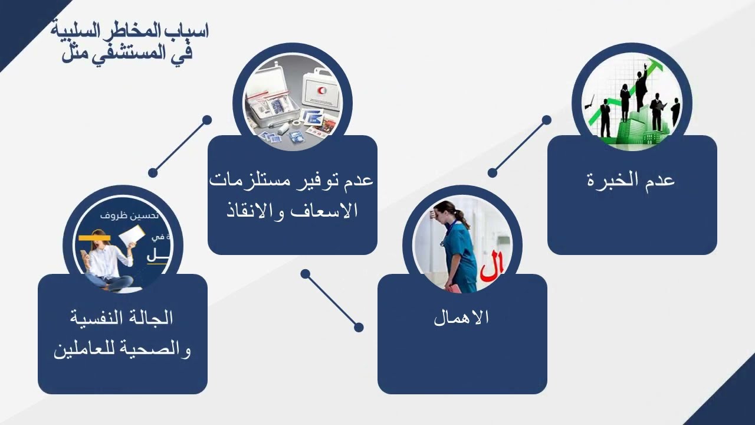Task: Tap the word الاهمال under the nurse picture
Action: (x=461, y=318)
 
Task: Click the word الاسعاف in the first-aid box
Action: (x=329, y=211)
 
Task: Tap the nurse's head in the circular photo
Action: (x=447, y=211)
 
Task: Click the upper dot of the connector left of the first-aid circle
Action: (x=207, y=120)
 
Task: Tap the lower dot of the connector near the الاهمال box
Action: (x=359, y=327)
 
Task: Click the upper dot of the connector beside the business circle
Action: (x=547, y=120)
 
